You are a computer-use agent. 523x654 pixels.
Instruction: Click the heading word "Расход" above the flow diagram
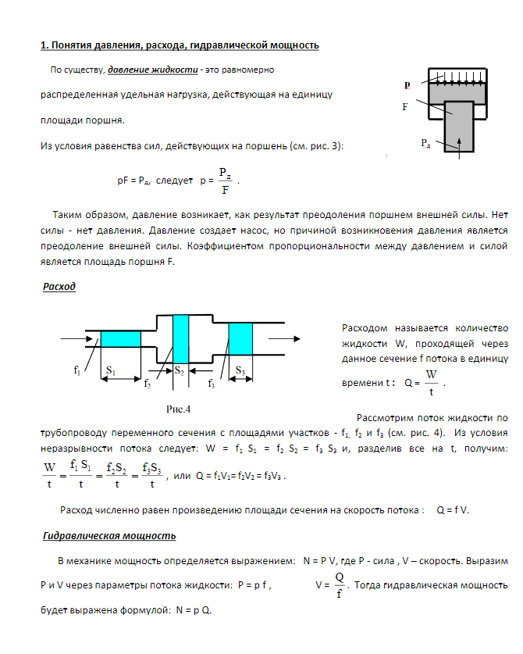(59, 287)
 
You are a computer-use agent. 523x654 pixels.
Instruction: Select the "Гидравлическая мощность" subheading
(109, 536)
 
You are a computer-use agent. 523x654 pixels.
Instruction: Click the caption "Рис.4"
(178, 409)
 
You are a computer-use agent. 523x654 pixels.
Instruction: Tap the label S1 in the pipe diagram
(110, 369)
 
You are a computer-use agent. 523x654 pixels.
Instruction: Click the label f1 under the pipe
(76, 370)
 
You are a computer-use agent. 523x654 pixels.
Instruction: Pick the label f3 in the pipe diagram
(211, 384)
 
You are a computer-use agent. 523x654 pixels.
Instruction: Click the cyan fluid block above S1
(120, 339)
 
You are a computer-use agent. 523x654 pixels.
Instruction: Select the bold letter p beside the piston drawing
(407, 84)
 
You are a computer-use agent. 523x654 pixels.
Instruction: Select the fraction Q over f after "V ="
(339, 584)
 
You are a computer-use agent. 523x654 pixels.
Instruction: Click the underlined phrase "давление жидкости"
(152, 70)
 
